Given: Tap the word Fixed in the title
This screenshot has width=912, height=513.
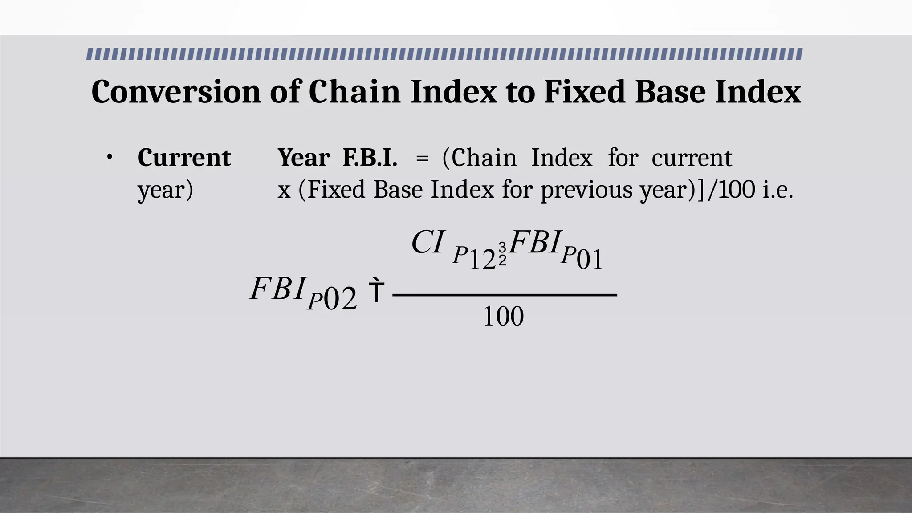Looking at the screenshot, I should pyautogui.click(x=584, y=92).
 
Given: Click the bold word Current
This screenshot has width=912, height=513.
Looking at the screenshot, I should pyautogui.click(x=184, y=158).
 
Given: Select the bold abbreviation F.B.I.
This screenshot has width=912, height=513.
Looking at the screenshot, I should pyautogui.click(x=370, y=158).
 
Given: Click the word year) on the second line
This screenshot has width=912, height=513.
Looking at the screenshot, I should pyautogui.click(x=165, y=190).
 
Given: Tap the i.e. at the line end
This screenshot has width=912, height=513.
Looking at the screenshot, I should pyautogui.click(x=778, y=190).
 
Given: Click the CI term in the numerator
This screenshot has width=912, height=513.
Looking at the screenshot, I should pyautogui.click(x=427, y=243).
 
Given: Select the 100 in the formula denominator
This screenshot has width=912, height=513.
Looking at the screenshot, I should pyautogui.click(x=503, y=317).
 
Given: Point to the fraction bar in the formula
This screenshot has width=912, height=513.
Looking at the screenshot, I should pyautogui.click(x=505, y=295).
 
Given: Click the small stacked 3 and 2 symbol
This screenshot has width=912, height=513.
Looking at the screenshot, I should pyautogui.click(x=502, y=254).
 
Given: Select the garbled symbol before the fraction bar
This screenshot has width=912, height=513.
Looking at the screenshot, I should pyautogui.click(x=376, y=290).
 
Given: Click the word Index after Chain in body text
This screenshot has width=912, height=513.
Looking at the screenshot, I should pyautogui.click(x=562, y=158).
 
